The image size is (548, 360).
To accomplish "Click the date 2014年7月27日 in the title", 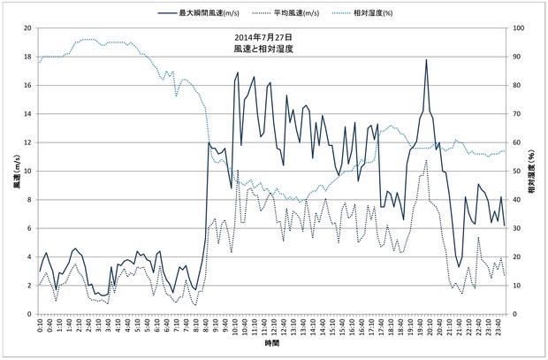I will pos(264,38).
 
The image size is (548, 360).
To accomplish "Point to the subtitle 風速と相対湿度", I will pos(264,51).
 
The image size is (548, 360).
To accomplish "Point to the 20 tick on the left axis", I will pos(28,28).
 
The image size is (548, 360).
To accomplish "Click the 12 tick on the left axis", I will pos(28,142).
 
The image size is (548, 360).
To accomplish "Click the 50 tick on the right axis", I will pos(518,172).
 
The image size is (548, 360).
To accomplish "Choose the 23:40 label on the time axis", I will pos(498,327).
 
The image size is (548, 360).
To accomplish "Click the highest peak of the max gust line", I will pos(426,60).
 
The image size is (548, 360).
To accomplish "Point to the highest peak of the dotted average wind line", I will pos(426,160).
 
